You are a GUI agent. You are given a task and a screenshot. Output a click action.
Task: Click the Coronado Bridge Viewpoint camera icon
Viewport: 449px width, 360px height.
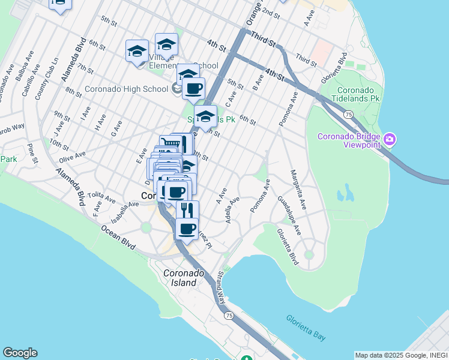pyautogui.click(x=390, y=140)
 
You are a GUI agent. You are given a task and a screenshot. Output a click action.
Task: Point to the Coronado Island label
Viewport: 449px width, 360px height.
pyautogui.click(x=180, y=278)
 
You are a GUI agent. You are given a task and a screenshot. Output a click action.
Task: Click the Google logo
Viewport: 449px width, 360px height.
pyautogui.click(x=20, y=353)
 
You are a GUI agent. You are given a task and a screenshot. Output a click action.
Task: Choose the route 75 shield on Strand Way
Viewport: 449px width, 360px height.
pyautogui.click(x=228, y=316)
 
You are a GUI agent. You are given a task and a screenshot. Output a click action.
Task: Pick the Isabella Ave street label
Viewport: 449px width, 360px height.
pyautogui.click(x=124, y=208)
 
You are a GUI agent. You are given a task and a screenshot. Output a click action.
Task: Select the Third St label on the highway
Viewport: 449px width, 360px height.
pyautogui.click(x=264, y=40)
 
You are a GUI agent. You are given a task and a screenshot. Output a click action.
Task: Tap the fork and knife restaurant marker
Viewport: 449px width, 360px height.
pyautogui.click(x=187, y=210)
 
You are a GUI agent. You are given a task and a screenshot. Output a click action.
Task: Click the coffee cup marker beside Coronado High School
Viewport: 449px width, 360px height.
pyautogui.click(x=193, y=89)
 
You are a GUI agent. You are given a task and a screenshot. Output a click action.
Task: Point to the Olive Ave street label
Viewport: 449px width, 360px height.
pyautogui.click(x=71, y=154)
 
